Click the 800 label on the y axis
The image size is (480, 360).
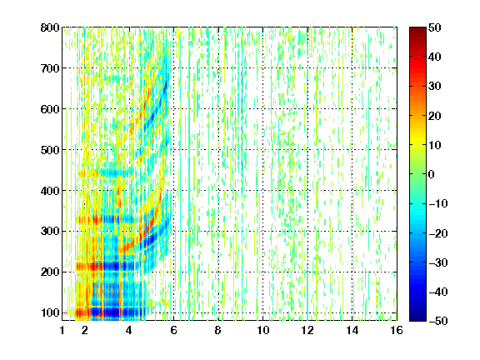[50, 27]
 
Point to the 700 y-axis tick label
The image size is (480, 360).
[50, 68]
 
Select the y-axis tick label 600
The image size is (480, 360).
[50, 109]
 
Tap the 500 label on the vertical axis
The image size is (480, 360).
[50, 150]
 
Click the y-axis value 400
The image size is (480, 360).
[50, 191]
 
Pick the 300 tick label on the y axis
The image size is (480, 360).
[50, 231]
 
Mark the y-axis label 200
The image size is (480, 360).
[50, 272]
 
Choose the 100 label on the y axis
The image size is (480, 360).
[50, 312]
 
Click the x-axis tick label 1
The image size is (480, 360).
[62, 330]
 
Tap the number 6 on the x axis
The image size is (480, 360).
[174, 330]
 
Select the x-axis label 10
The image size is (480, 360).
[263, 330]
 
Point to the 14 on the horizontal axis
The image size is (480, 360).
[352, 330]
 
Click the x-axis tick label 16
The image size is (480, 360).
[397, 330]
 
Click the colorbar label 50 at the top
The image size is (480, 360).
[434, 27]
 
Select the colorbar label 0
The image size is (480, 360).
[432, 174]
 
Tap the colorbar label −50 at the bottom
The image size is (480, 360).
[437, 321]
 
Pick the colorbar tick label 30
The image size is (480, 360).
[434, 86]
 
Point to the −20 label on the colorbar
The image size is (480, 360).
[437, 233]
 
